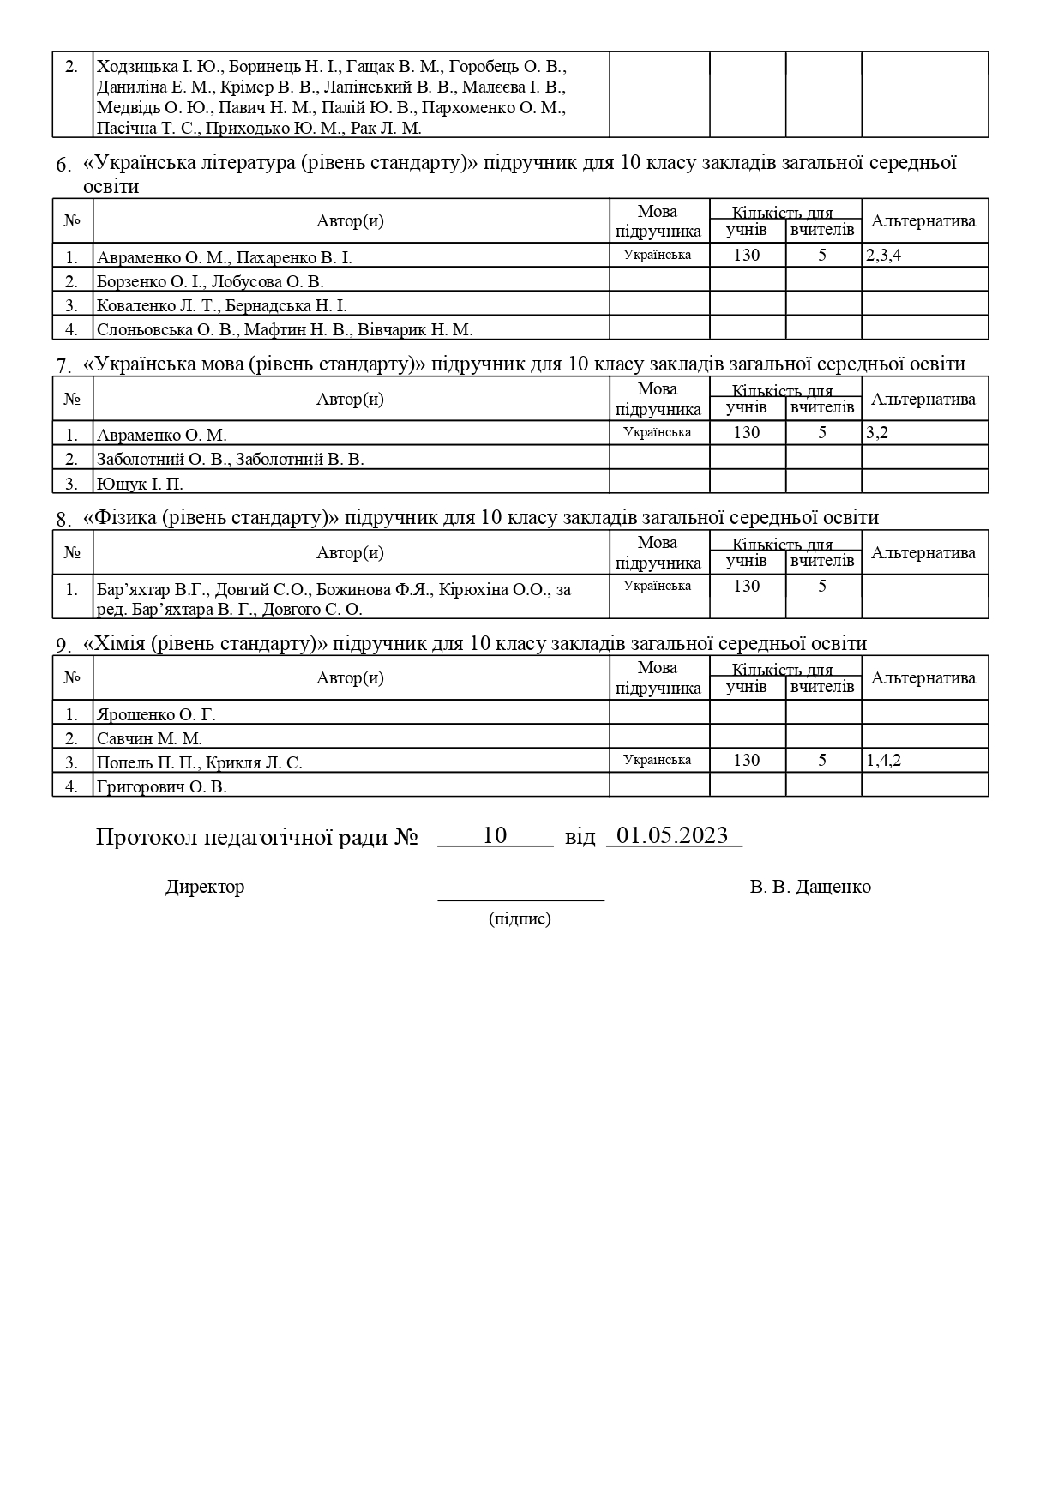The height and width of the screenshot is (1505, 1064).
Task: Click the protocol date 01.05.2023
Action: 673,835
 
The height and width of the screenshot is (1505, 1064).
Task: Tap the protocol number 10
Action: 495,835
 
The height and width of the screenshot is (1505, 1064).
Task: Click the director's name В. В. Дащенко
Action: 809,887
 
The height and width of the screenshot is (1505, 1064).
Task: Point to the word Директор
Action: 205,887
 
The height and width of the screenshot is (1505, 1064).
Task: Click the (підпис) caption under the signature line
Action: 520,919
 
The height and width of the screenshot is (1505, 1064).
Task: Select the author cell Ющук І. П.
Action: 140,484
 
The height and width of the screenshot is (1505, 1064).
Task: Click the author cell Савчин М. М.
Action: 149,738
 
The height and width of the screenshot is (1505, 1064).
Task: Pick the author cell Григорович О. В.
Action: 162,786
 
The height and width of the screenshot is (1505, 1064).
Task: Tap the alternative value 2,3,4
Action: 883,255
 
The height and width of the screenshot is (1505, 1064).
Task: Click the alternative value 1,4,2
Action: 883,760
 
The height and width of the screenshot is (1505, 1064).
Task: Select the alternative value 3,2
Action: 877,432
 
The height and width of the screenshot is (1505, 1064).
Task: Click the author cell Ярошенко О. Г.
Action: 156,714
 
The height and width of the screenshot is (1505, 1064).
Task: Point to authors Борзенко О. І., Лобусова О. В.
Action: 210,281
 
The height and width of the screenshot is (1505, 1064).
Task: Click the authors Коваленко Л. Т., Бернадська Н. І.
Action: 222,305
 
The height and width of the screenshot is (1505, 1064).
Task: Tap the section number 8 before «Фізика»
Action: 63,519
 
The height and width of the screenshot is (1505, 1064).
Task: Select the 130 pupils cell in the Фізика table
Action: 747,586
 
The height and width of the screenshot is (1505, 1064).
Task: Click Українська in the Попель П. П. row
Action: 658,760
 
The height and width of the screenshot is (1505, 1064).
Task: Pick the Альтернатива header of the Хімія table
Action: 923,677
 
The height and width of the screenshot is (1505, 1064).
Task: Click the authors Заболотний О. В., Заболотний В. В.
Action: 231,459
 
